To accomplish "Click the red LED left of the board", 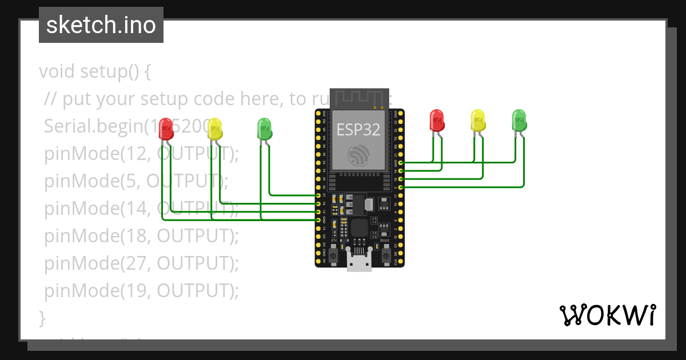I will point(166,127).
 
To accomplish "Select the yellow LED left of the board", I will point(214,128).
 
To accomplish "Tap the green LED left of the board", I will point(264,128).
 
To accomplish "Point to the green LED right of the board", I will point(519,119).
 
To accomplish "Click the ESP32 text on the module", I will point(358,130).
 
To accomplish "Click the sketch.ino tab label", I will point(101,25).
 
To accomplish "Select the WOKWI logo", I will point(607,315).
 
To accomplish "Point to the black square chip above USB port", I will point(360,228).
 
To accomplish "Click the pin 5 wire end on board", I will point(401,187).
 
